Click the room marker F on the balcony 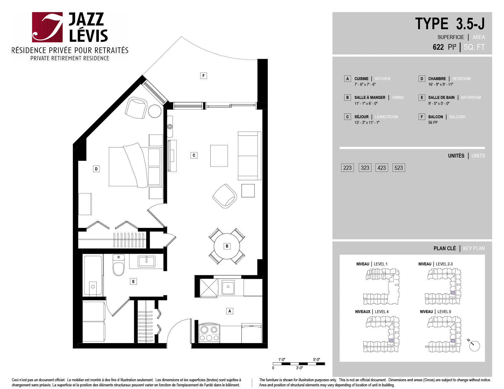203,76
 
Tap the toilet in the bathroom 118,265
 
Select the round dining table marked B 227,246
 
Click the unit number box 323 365,168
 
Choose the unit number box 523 399,168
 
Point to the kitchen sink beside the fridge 228,287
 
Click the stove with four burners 209,333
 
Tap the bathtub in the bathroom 93,275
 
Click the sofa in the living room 250,156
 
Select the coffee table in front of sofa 219,156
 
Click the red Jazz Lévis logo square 47,27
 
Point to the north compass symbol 474,345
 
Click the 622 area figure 438,47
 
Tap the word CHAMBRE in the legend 437,79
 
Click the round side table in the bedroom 155,111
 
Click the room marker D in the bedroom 96,169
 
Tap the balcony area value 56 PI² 433,122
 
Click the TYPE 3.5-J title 450,24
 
